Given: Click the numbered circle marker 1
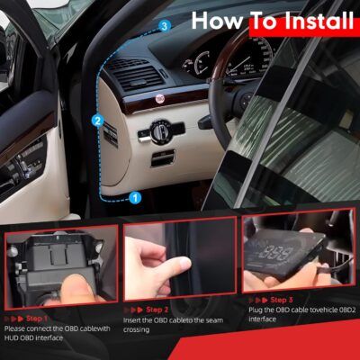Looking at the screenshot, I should pyautogui.click(x=134, y=195).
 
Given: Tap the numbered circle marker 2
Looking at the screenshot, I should pyautogui.click(x=97, y=119).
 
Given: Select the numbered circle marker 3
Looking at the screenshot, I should pyautogui.click(x=163, y=26).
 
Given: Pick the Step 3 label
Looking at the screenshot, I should pyautogui.click(x=281, y=300).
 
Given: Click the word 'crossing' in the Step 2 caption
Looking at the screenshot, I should pyautogui.click(x=139, y=330).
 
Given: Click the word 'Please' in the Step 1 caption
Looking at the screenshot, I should pyautogui.click(x=17, y=328).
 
